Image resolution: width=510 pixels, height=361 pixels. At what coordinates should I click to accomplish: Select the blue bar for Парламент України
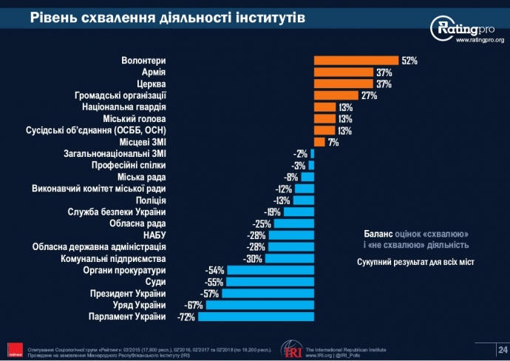point(256,317)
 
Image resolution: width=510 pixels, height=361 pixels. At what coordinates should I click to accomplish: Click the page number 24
point(503,348)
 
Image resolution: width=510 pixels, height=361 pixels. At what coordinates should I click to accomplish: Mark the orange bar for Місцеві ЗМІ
point(319,142)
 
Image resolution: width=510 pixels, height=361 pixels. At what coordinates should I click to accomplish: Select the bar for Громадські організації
point(336,95)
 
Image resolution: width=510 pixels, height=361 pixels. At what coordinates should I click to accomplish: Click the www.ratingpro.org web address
point(480,41)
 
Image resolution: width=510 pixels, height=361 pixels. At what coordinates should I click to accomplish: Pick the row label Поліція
point(151,200)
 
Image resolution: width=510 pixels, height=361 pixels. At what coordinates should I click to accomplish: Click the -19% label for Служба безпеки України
point(271,212)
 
